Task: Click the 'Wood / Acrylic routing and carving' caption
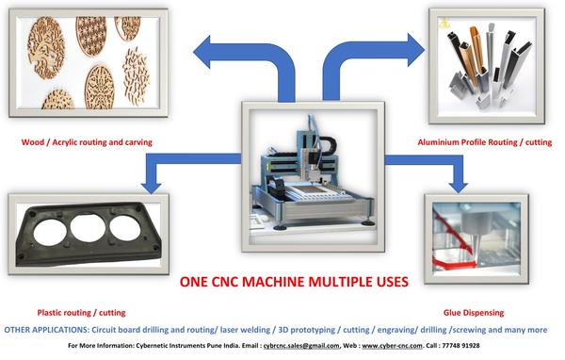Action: (88, 142)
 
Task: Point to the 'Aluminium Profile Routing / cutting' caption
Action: (483, 142)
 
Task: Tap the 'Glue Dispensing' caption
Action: (473, 312)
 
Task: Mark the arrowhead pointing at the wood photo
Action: (201, 48)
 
